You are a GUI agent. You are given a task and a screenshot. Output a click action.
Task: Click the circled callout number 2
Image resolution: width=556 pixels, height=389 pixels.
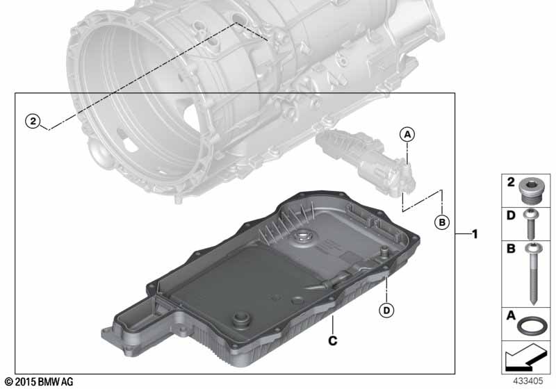33,121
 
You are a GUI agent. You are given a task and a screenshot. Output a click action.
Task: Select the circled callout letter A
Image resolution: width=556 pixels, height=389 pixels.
407,134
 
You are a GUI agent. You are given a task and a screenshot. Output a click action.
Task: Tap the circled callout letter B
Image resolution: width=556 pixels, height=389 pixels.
442,222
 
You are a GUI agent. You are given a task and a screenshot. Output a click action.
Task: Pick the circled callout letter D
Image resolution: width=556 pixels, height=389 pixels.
386,311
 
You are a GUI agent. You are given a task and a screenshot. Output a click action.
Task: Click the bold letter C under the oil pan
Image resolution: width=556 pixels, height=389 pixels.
333,340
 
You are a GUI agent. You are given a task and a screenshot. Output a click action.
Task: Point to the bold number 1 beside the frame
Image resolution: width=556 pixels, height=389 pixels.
475,234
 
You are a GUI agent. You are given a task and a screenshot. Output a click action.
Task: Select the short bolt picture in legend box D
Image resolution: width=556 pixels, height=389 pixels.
530,224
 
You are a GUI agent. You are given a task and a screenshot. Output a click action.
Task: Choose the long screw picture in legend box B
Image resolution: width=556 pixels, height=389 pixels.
532,274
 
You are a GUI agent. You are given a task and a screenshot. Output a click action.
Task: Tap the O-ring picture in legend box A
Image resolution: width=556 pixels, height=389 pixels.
530,325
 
